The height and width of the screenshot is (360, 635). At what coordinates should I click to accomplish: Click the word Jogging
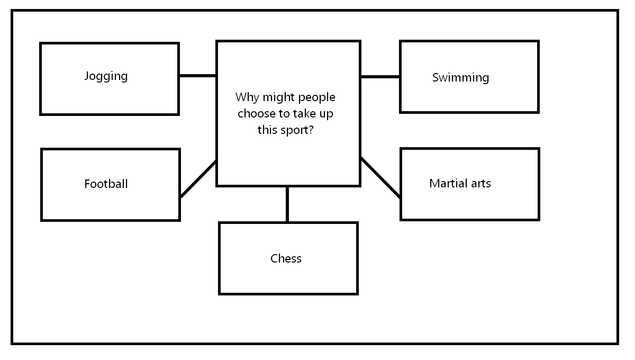point(106,77)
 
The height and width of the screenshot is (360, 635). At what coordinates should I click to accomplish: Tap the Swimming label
point(461,78)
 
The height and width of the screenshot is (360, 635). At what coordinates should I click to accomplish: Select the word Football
point(106,184)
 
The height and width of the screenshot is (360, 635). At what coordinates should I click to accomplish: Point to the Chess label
point(286,258)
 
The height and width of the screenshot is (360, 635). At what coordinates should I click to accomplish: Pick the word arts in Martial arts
point(481,184)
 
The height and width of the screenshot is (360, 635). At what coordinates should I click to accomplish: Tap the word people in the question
point(316,98)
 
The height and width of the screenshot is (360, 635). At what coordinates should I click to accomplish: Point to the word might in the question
point(279,98)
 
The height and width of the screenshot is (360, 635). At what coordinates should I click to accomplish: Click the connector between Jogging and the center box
point(197,76)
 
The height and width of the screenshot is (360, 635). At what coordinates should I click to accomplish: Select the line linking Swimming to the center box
point(380,77)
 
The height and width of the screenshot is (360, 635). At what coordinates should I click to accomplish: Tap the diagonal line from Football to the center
point(198,179)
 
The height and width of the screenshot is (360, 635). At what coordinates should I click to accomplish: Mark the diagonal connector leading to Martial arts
point(380,177)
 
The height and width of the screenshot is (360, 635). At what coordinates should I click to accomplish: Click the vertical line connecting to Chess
point(287,204)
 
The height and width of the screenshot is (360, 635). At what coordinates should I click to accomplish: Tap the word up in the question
point(326,114)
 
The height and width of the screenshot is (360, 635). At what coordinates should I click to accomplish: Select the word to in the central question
point(284,114)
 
